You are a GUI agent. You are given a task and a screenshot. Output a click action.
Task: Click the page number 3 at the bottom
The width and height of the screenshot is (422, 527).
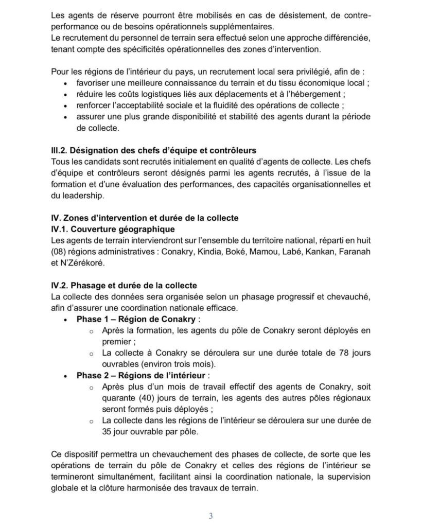click(x=211, y=516)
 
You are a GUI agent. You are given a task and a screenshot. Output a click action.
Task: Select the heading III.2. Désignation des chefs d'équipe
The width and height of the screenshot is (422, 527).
click(x=154, y=151)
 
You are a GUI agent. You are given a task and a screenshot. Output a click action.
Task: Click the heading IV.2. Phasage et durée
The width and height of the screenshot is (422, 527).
click(x=124, y=285)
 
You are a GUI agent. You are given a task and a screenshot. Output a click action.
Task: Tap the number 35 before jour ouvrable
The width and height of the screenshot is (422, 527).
click(x=108, y=432)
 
